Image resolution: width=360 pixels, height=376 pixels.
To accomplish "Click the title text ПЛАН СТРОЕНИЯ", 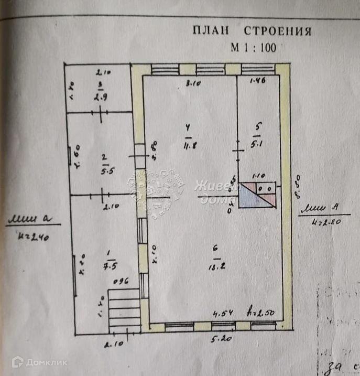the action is (252, 31).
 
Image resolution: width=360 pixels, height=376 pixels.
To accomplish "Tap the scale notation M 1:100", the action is (254, 47).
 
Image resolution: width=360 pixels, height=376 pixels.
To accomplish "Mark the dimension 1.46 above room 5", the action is (258, 81).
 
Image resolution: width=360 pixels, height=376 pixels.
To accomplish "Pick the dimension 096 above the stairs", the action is (121, 281).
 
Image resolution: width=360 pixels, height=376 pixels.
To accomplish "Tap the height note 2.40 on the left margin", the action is (33, 237).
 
